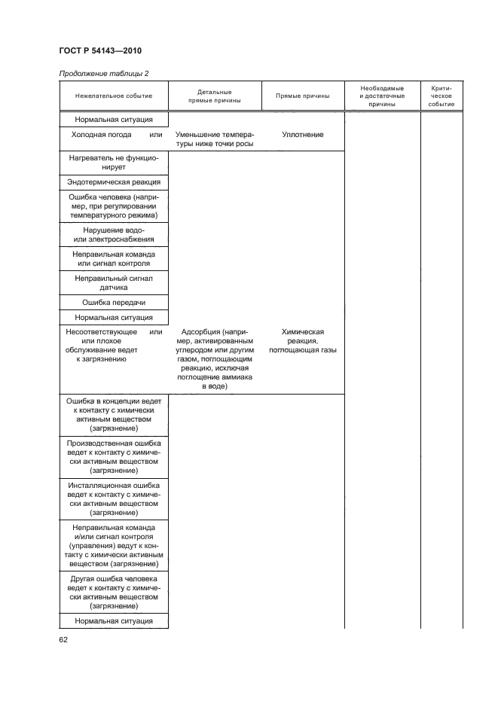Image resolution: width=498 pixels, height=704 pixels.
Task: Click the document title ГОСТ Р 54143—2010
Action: (99, 51)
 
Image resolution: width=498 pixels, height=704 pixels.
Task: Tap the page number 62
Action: (63, 639)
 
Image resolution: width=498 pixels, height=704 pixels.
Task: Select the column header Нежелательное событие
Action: (114, 96)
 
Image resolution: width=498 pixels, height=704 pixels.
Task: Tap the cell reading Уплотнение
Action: (302, 135)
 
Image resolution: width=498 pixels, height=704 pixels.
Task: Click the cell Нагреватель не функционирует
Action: (114, 163)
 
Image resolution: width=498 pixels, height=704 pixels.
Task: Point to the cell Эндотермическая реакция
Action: (114, 183)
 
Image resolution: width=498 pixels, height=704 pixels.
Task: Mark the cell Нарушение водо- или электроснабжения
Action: (114, 235)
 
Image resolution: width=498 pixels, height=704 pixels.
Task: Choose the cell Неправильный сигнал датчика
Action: (114, 283)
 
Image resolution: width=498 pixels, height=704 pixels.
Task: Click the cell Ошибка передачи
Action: (114, 303)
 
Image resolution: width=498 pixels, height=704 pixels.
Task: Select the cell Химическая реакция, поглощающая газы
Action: (302, 341)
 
